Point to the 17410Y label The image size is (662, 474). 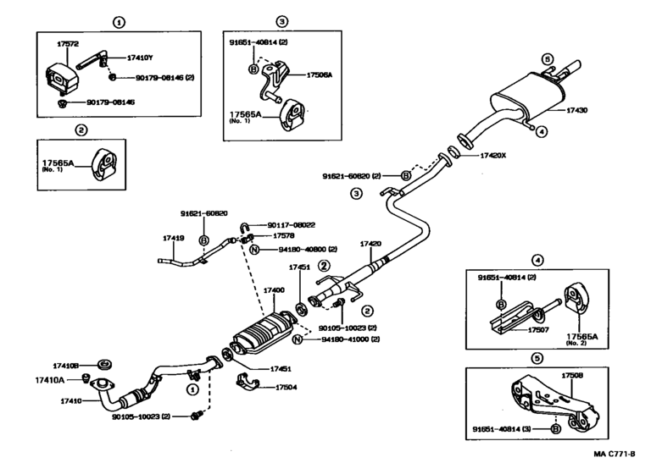pyautogui.click(x=141, y=58)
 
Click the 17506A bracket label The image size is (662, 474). pyautogui.click(x=318, y=75)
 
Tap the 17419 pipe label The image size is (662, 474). pyautogui.click(x=173, y=238)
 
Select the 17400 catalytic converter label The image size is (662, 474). pyautogui.click(x=274, y=290)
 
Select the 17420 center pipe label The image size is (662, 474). pyautogui.click(x=371, y=244)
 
